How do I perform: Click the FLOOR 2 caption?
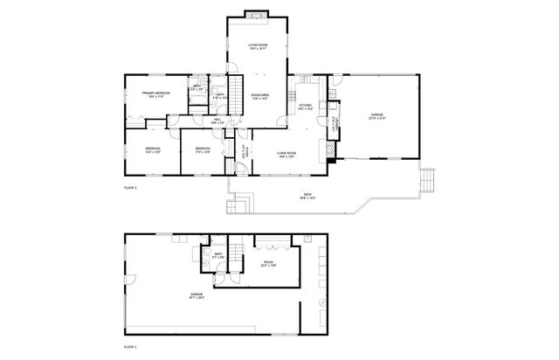click(x=130, y=188)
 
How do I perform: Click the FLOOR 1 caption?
click(x=130, y=349)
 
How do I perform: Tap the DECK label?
click(x=307, y=196)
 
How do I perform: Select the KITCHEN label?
click(x=305, y=107)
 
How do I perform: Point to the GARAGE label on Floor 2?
click(x=376, y=116)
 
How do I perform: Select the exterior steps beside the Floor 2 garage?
click(x=426, y=181)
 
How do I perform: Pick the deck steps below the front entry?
click(x=239, y=206)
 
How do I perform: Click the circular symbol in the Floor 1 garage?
click(x=321, y=302)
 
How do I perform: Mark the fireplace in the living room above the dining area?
click(x=256, y=14)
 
